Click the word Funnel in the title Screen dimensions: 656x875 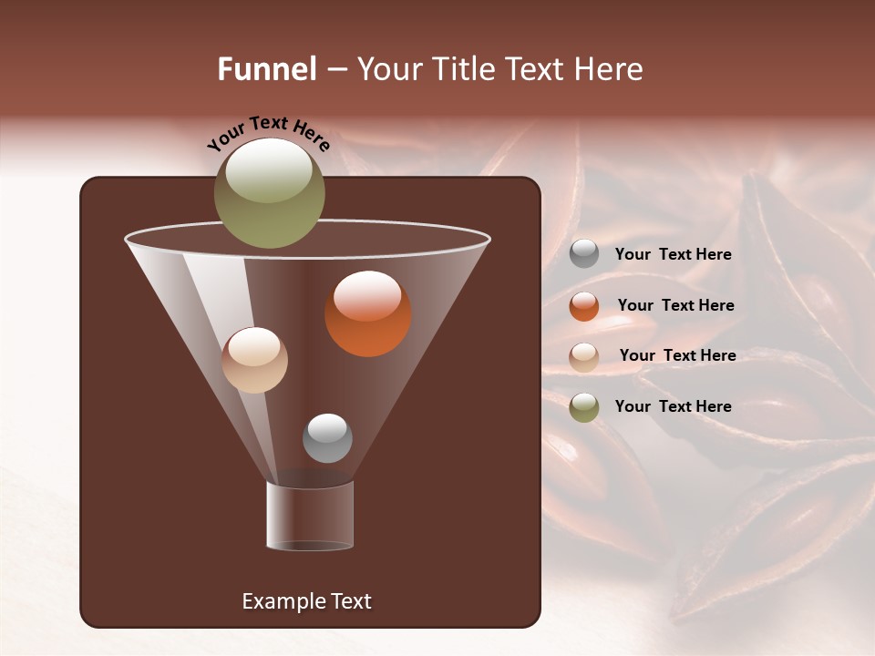tap(266, 69)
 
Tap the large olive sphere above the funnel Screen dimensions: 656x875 tap(269, 193)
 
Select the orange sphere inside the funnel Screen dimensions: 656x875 tap(368, 313)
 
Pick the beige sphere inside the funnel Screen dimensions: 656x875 tap(254, 360)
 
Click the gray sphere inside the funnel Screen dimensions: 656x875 tap(327, 438)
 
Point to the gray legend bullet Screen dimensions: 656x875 tap(584, 254)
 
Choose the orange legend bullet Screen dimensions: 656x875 tap(584, 306)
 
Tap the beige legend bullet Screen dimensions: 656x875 tap(584, 357)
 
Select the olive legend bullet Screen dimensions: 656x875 tap(584, 407)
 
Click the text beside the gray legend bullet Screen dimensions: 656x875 tap(673, 255)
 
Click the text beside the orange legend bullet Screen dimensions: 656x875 tap(675, 306)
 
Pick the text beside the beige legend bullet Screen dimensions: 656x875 tap(677, 356)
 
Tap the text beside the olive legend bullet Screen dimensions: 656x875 tap(673, 406)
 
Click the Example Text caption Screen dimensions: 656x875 tap(306, 601)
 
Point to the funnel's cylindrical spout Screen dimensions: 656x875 tap(310, 516)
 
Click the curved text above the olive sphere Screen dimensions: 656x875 tap(268, 133)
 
